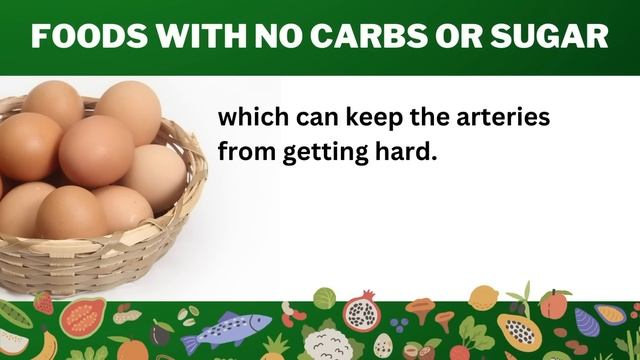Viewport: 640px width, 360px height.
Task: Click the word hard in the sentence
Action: click(404, 155)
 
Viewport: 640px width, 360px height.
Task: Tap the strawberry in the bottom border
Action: click(43, 302)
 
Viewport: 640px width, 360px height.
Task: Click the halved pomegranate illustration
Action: click(362, 313)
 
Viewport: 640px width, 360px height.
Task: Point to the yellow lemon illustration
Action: click(484, 298)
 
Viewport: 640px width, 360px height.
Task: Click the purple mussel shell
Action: click(609, 317)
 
